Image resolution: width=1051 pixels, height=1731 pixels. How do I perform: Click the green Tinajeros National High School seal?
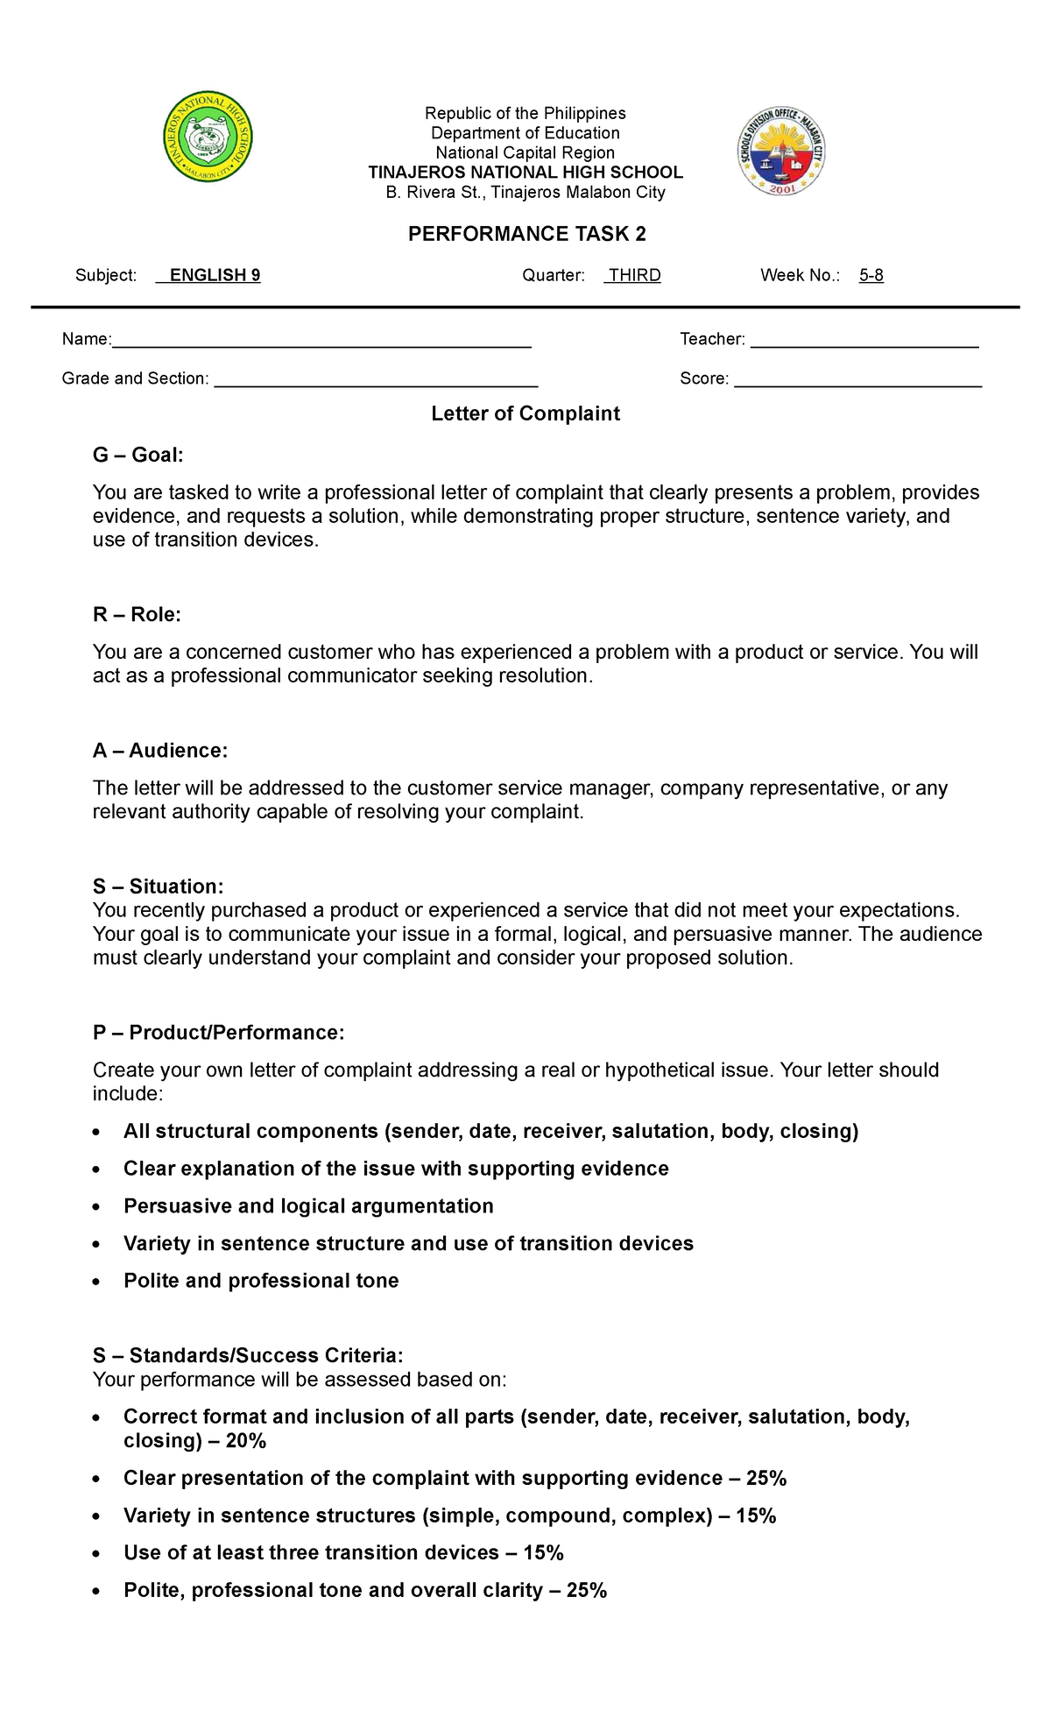[x=208, y=138]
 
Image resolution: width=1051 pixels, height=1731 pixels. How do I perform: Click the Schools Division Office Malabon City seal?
[x=781, y=152]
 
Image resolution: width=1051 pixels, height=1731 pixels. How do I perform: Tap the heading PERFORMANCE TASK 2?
[x=526, y=234]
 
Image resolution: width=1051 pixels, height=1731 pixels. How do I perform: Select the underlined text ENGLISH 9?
[x=214, y=275]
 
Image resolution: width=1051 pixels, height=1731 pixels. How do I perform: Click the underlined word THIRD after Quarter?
[x=634, y=275]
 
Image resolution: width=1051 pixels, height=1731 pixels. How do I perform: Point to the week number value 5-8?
[x=871, y=275]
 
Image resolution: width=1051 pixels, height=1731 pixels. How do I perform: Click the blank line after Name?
[x=321, y=342]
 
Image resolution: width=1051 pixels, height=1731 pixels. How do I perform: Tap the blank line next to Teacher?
[x=864, y=342]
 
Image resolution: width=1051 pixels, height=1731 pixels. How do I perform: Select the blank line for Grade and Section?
[x=376, y=381]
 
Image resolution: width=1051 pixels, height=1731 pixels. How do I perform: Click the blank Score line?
[x=857, y=381]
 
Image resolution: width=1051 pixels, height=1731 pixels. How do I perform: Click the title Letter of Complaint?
[x=525, y=413]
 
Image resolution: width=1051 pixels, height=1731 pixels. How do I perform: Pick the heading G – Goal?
[x=138, y=455]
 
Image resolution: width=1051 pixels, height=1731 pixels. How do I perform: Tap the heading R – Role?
[x=137, y=614]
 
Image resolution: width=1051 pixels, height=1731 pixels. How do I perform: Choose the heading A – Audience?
[x=160, y=751]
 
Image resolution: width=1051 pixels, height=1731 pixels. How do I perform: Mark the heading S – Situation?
[x=158, y=886]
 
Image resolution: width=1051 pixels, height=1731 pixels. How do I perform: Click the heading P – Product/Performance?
[x=218, y=1033]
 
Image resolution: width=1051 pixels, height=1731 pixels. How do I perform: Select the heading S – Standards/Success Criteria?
[x=248, y=1355]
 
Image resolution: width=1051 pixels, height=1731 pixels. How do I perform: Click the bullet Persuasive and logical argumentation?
[x=308, y=1206]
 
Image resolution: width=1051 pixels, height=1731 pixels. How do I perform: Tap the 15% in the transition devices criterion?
[x=543, y=1553]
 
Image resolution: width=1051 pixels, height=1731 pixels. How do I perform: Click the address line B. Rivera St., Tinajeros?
[x=525, y=193]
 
